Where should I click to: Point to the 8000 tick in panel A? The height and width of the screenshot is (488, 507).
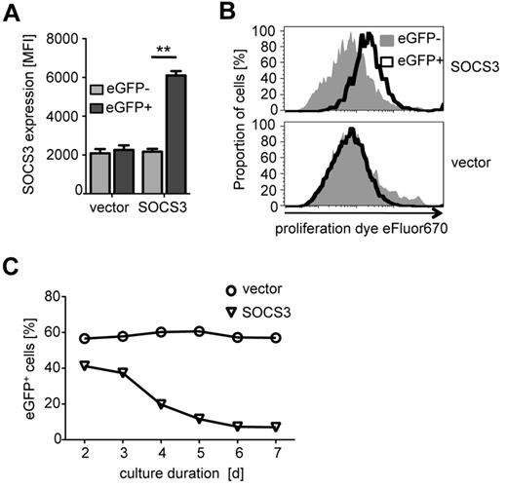(60, 40)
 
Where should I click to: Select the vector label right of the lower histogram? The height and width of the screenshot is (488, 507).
(472, 167)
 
